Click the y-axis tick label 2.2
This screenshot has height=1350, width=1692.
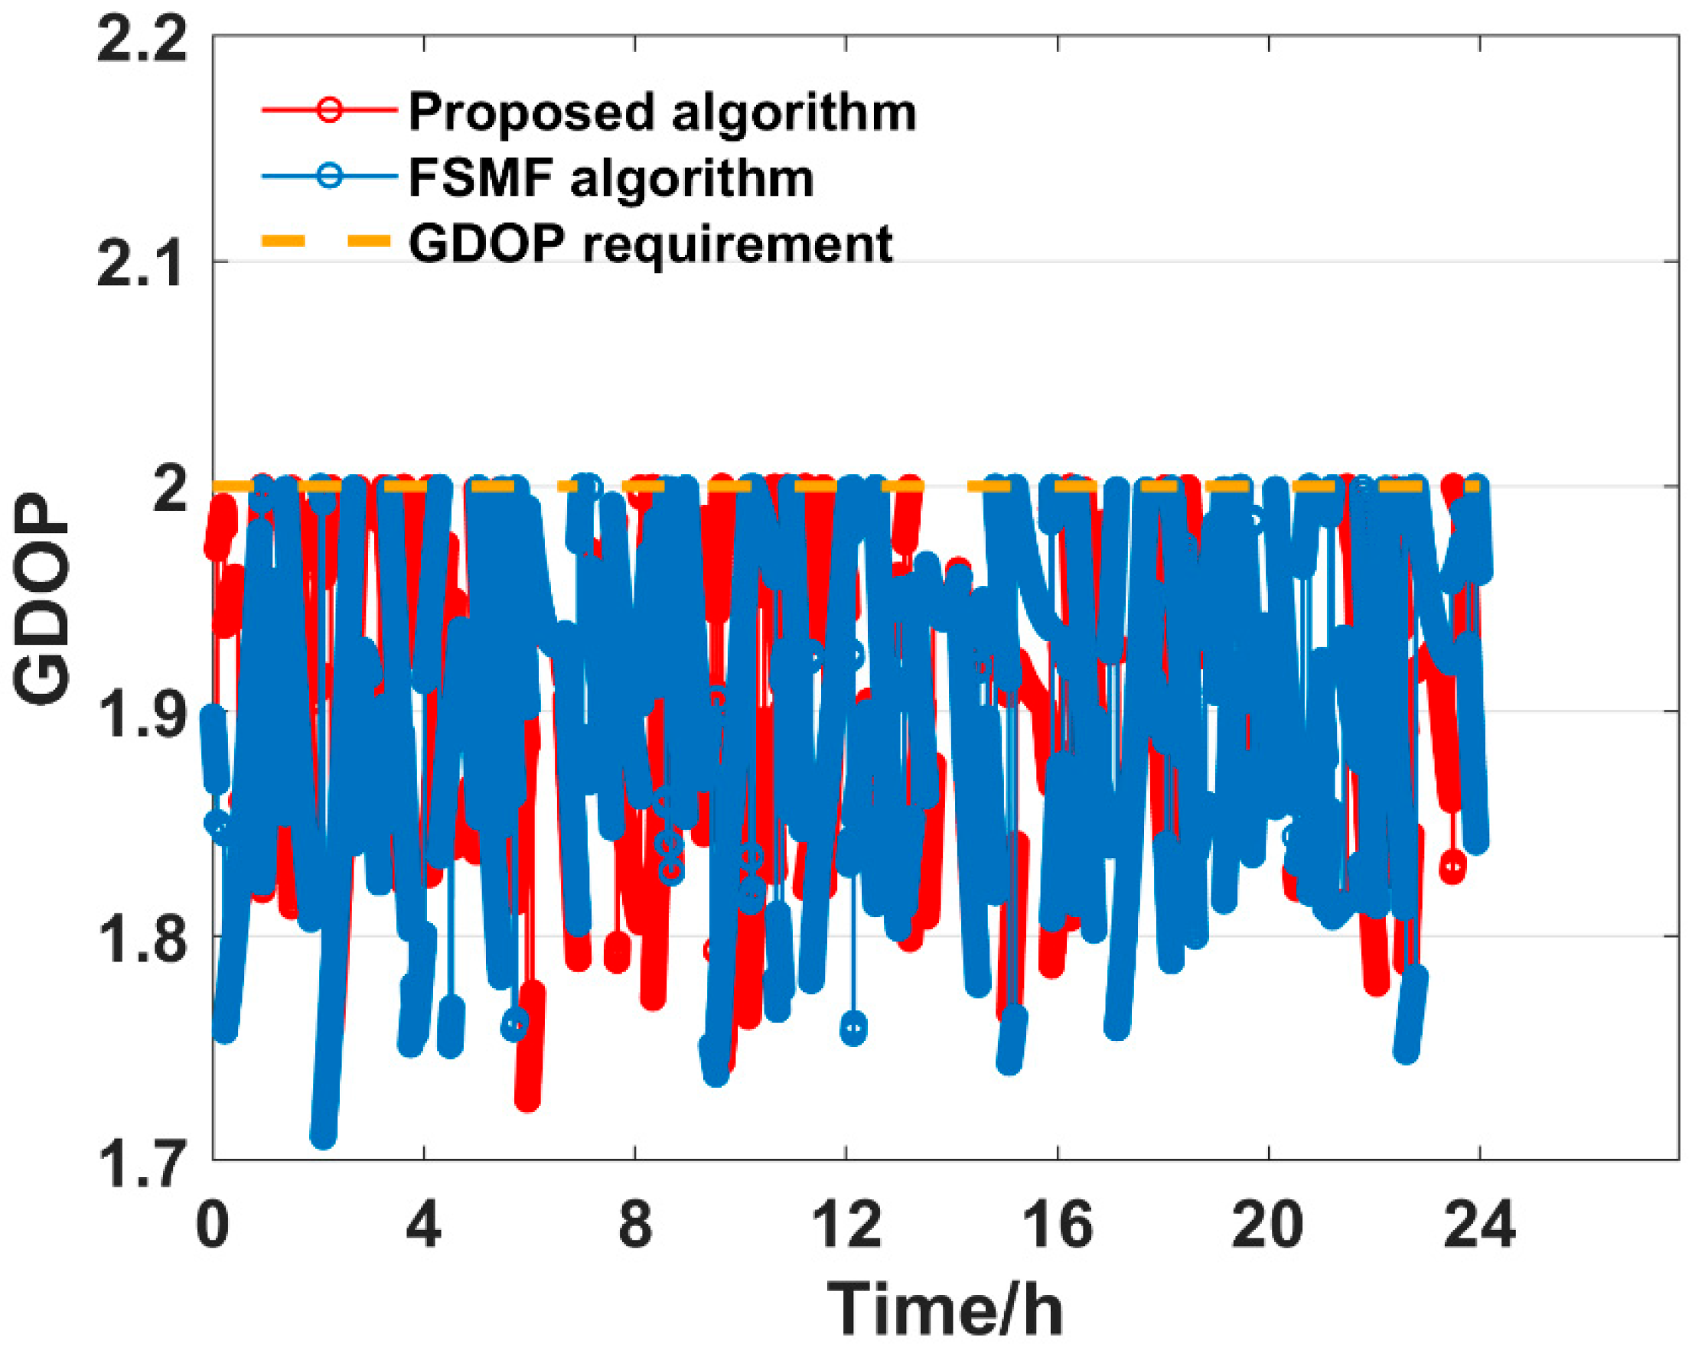tap(143, 39)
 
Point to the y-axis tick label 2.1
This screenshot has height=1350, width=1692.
tap(143, 265)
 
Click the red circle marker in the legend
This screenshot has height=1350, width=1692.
tap(330, 109)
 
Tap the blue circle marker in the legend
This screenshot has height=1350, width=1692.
tap(330, 175)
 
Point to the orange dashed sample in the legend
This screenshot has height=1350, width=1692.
tap(326, 241)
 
